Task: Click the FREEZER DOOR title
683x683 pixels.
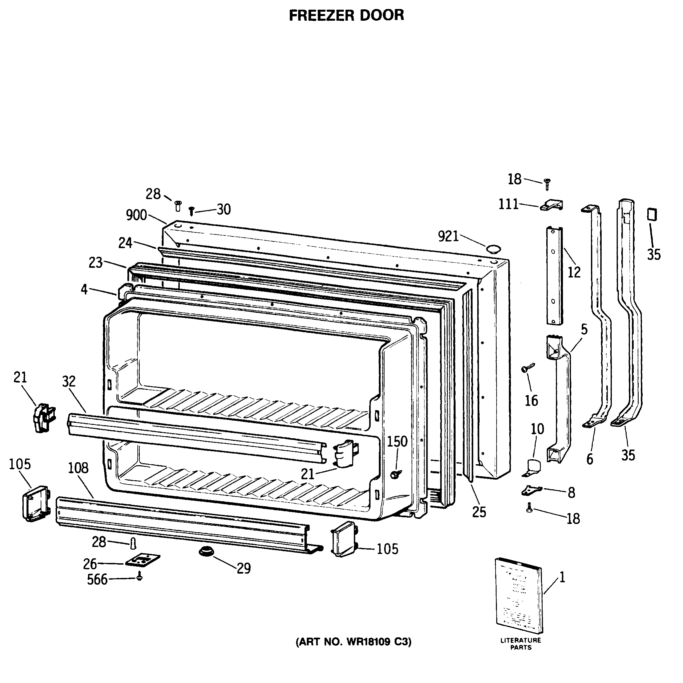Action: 346,16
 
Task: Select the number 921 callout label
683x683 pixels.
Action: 448,236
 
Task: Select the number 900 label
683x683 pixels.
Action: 136,215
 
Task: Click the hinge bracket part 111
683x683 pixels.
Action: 552,205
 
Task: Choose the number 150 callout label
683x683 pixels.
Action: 397,441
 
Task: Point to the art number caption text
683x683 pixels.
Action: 353,642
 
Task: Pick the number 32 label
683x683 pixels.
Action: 69,382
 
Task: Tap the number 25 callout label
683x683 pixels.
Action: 479,512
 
